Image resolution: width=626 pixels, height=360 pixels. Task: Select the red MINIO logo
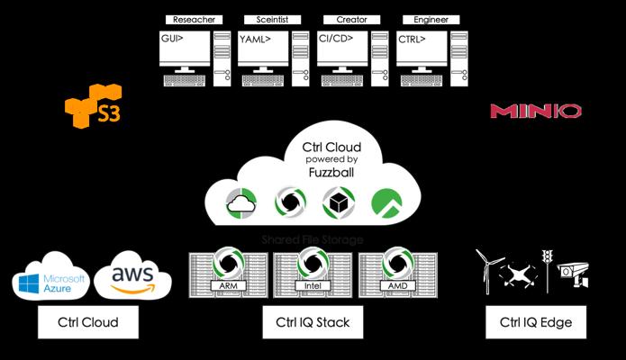(535, 111)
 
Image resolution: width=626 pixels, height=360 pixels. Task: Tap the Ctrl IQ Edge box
(535, 321)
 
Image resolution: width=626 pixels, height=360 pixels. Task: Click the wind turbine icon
(486, 267)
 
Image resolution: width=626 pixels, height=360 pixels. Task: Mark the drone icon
(517, 275)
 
